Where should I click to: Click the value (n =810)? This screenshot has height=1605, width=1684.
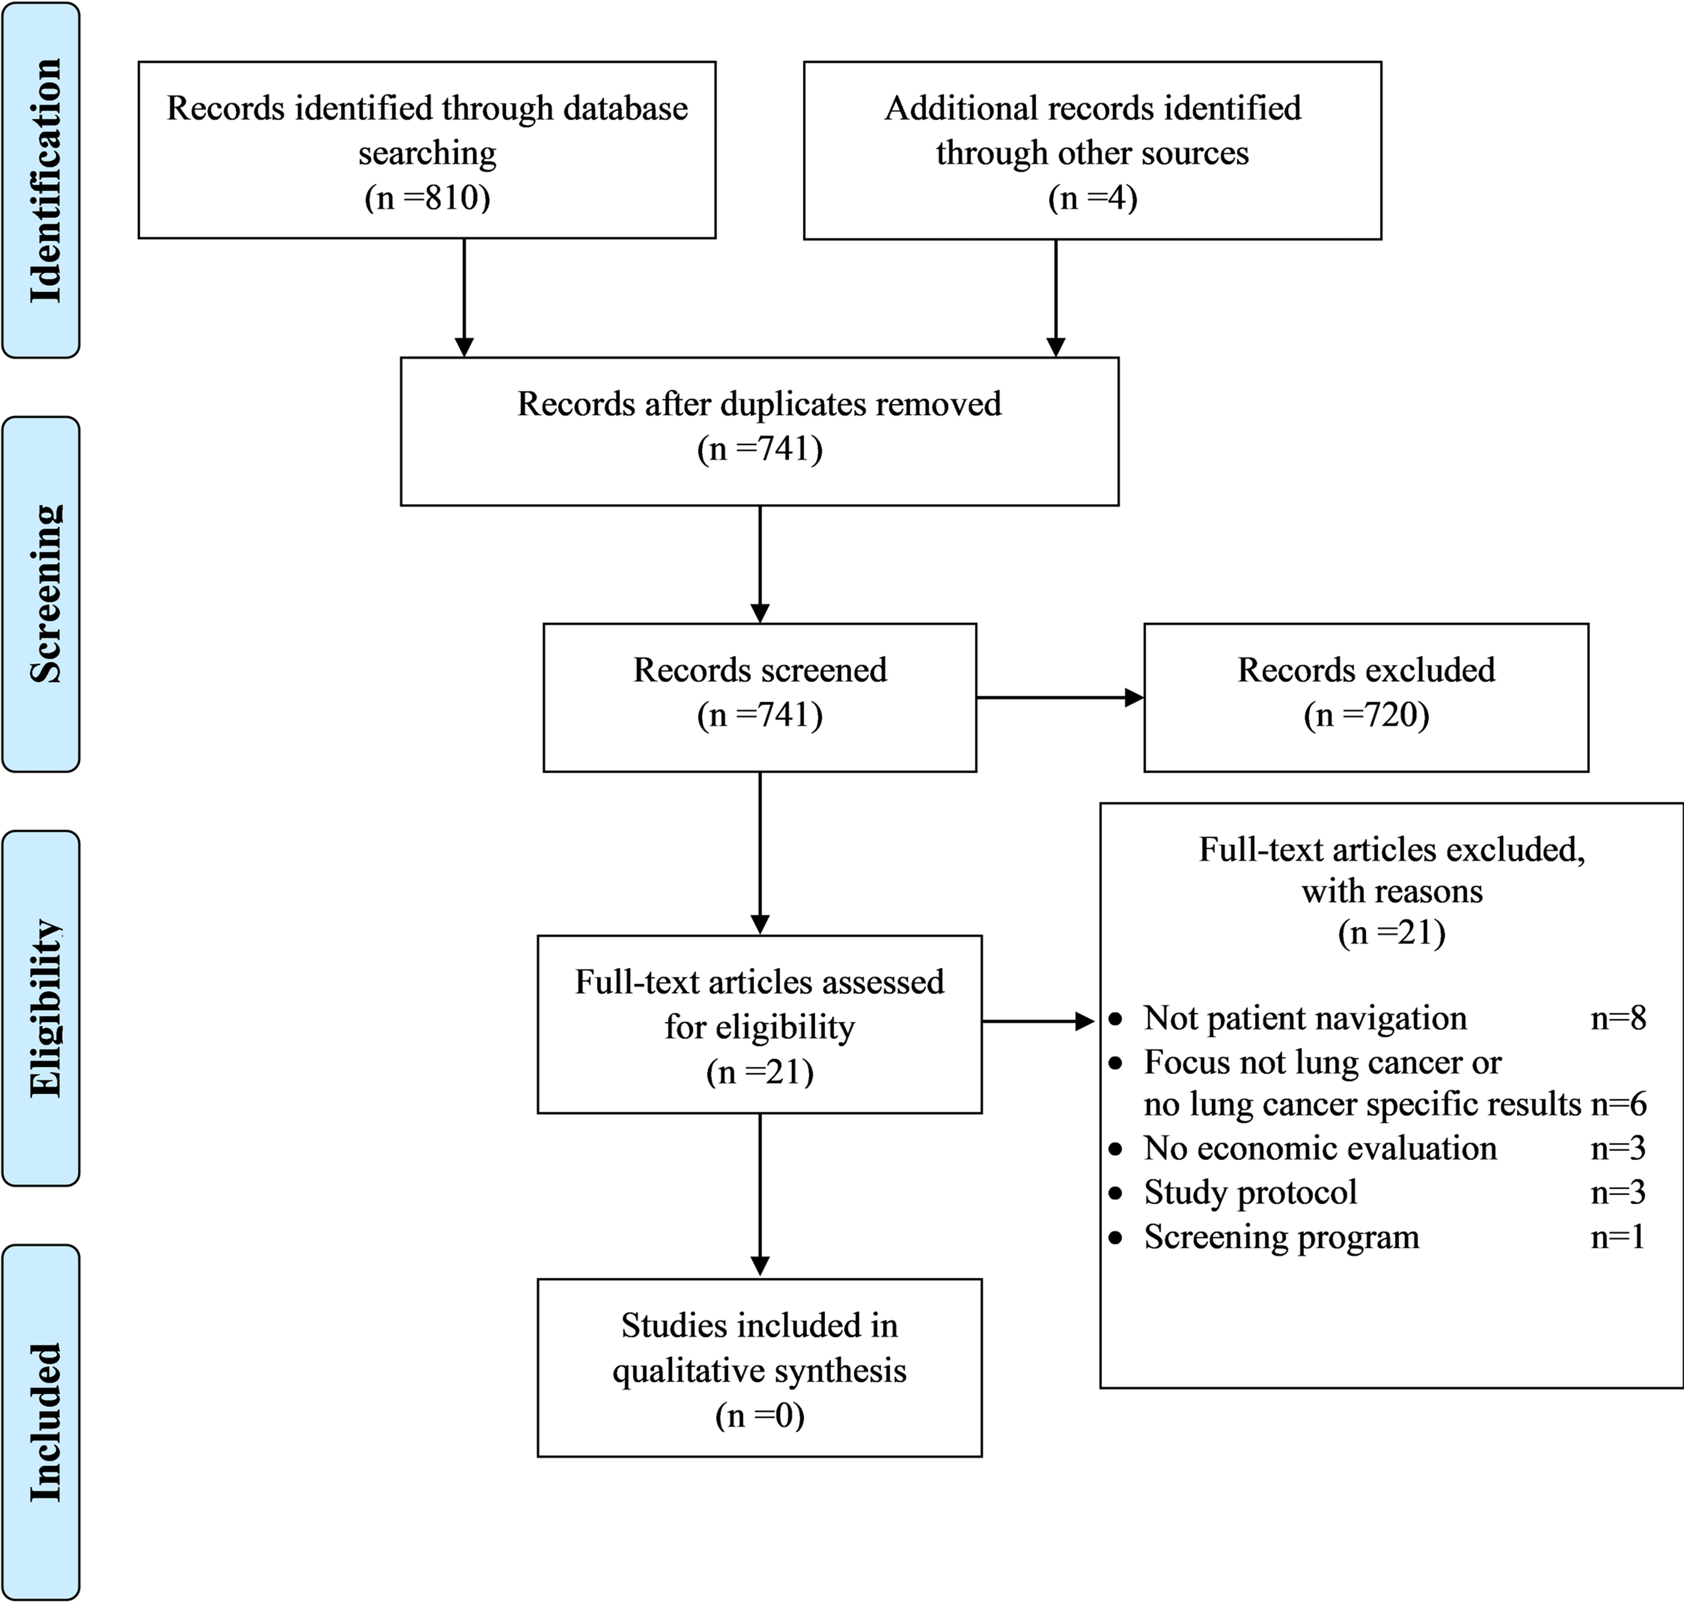point(427,198)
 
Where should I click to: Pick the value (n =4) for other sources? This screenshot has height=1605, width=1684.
point(1093,198)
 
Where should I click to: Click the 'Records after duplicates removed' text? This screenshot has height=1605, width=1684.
point(759,404)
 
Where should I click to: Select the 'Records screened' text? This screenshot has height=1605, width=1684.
point(760,670)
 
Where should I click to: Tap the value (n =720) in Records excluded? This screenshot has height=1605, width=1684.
point(1367,715)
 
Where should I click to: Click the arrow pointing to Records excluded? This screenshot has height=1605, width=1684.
point(1060,698)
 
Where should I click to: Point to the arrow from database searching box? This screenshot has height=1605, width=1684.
point(464,298)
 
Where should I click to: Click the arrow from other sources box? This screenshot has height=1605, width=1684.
point(1056,298)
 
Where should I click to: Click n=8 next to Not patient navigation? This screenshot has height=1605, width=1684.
point(1618,1018)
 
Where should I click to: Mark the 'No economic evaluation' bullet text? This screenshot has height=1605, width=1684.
point(1320,1148)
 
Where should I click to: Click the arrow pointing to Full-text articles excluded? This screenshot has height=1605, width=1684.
point(1038,1021)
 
